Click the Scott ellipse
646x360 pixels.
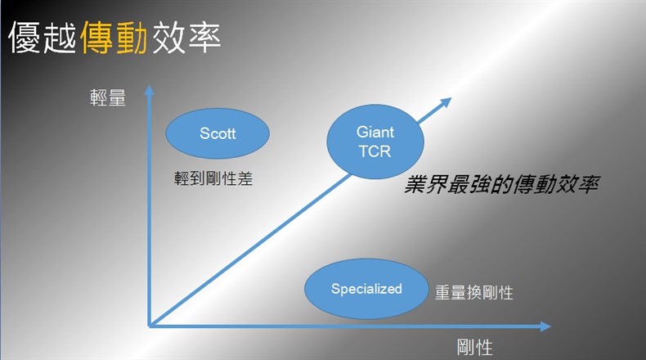(x=218, y=133)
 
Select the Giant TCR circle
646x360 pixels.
(x=375, y=142)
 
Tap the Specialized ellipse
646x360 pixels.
(x=366, y=289)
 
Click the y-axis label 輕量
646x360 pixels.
(x=108, y=97)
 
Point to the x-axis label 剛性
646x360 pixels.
(x=474, y=347)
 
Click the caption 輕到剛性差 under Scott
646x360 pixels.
(x=213, y=178)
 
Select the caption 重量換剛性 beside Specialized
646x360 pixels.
(x=474, y=293)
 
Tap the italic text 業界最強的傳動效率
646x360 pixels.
(x=501, y=184)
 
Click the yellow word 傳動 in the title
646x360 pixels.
(x=114, y=38)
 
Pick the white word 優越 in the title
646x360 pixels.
(x=43, y=38)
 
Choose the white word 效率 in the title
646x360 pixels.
(x=186, y=38)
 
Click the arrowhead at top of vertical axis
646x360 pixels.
(x=149, y=90)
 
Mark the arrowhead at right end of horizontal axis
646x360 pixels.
(x=545, y=326)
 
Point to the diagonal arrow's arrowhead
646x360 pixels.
(x=446, y=102)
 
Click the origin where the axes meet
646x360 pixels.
(x=150, y=326)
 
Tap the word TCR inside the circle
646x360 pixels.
(x=375, y=151)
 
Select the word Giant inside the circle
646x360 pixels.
(x=375, y=132)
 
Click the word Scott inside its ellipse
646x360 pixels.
(x=218, y=133)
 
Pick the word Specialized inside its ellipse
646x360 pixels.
(x=366, y=289)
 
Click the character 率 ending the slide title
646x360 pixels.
(x=204, y=38)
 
